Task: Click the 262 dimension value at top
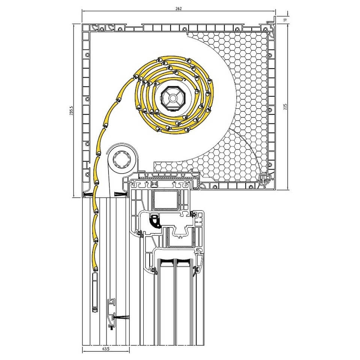click(178, 9)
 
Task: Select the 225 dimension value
click(285, 107)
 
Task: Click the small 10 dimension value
click(285, 20)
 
